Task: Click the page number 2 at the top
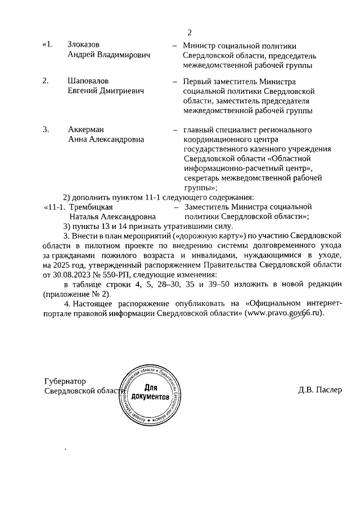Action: point(190,31)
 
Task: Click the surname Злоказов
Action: point(85,45)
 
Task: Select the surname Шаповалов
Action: point(88,80)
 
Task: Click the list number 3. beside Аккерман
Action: point(46,130)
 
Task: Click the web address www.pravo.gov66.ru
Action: point(285,313)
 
